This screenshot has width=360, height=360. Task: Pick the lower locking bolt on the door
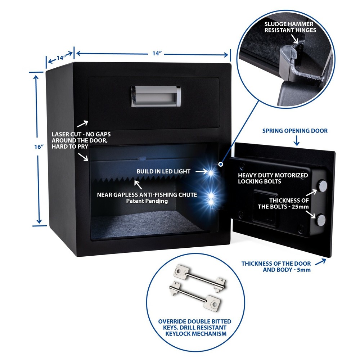point(321,219)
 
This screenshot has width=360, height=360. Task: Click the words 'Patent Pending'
point(147,201)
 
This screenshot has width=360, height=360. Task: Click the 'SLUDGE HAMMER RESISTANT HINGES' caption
point(290,27)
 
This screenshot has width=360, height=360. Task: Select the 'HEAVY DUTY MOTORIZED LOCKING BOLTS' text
point(273,178)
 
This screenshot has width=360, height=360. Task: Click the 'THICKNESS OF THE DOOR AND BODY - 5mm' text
point(276,266)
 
